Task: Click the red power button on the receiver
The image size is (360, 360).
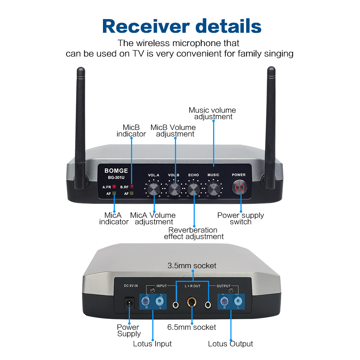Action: (x=239, y=188)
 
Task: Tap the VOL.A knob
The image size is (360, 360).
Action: (x=154, y=189)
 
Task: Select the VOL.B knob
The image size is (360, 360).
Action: (x=174, y=189)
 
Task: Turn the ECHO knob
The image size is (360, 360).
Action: (x=194, y=189)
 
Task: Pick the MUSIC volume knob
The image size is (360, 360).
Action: (x=213, y=189)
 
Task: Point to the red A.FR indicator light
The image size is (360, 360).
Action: (x=114, y=186)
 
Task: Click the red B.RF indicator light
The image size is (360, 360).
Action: (x=131, y=186)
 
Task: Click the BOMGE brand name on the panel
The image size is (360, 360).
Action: (x=116, y=171)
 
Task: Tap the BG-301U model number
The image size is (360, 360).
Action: (x=116, y=177)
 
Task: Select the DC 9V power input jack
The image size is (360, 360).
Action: (x=129, y=303)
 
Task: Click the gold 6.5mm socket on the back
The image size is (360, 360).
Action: (x=192, y=302)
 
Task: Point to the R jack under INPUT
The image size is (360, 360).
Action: (x=145, y=301)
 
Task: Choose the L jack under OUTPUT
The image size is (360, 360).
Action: (x=238, y=301)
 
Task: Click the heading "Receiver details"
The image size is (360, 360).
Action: (x=182, y=26)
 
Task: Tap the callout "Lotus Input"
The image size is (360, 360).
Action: (x=152, y=344)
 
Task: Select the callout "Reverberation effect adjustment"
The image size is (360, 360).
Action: (x=194, y=233)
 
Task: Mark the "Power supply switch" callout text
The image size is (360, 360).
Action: (x=240, y=219)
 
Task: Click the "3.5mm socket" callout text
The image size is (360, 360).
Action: (x=192, y=266)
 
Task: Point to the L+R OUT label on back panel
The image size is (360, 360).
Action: (x=193, y=286)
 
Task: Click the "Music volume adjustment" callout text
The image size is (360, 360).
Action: (x=212, y=113)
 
